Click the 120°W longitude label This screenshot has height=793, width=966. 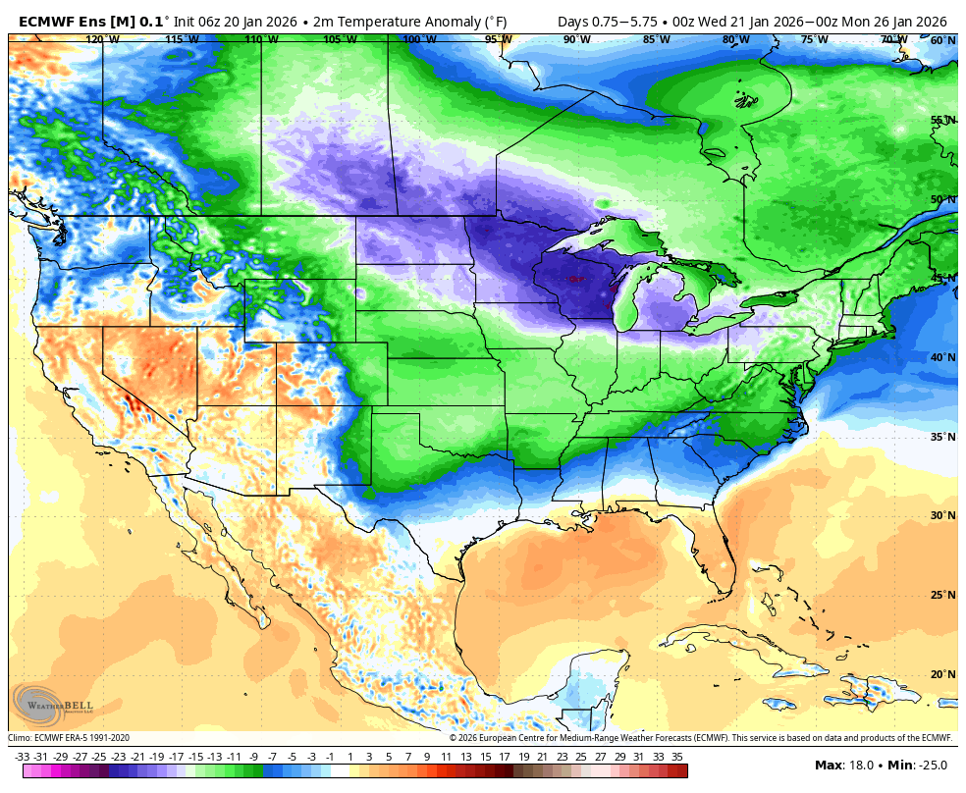tap(102, 40)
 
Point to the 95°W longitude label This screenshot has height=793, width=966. tap(498, 40)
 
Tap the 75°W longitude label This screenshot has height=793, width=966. tap(814, 40)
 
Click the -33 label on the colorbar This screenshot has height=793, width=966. tap(22, 757)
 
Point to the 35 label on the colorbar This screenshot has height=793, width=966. tap(677, 757)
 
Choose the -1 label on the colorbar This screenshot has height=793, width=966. tap(330, 757)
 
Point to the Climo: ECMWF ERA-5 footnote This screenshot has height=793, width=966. tap(69, 738)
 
